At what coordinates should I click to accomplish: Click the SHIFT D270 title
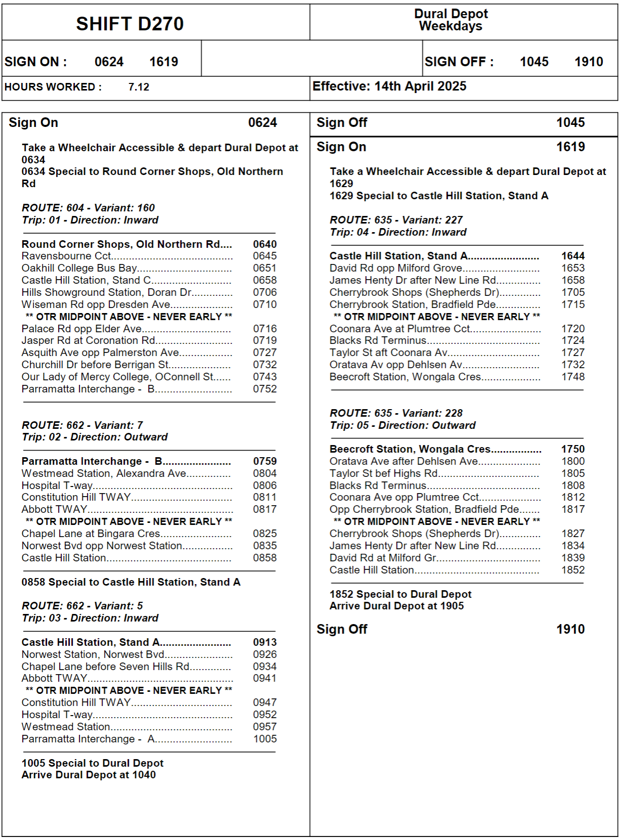point(130,24)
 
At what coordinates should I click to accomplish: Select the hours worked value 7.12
point(139,87)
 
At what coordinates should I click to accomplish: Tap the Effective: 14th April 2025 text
point(389,86)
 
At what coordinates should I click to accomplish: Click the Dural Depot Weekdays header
point(451,20)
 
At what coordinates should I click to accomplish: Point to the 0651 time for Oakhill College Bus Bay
point(265,268)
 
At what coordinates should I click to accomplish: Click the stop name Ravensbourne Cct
point(66,256)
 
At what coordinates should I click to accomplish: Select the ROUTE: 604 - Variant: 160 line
point(88,208)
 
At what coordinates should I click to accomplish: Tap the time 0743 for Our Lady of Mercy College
point(265,377)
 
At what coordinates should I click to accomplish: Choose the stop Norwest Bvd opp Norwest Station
point(102,546)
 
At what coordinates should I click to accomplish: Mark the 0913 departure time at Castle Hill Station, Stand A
point(265,642)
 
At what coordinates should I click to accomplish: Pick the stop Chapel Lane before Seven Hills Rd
point(105,667)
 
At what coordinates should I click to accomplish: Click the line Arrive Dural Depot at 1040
point(88,775)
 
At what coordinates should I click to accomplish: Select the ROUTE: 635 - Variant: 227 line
point(396,220)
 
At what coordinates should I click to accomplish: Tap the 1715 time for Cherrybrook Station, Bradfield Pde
point(573,304)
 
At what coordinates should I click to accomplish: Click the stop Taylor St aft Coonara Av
point(388,352)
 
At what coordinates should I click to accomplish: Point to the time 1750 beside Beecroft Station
point(573,449)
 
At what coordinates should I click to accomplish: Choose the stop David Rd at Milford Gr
point(383,558)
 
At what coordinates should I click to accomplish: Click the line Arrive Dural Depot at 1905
point(396,606)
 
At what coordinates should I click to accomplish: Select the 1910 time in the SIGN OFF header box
point(589,62)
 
